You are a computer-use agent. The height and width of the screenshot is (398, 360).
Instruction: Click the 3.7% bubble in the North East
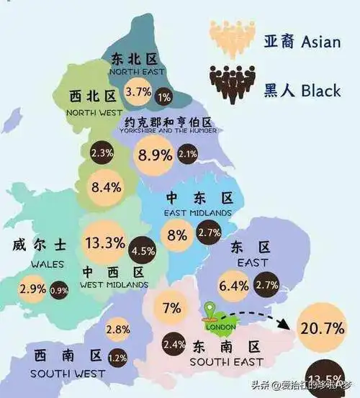(x=138, y=92)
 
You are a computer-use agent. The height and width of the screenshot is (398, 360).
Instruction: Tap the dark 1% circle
(x=164, y=97)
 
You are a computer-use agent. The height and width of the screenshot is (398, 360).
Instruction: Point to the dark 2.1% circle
(x=187, y=154)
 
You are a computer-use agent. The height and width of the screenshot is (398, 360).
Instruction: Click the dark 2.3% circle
(x=102, y=153)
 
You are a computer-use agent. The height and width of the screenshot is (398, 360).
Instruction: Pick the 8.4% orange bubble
(x=106, y=187)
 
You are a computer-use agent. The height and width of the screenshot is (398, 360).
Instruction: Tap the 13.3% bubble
(x=105, y=242)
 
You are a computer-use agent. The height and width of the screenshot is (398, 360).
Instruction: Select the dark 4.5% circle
(x=144, y=252)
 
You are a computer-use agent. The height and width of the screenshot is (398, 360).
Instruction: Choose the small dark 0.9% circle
(x=60, y=291)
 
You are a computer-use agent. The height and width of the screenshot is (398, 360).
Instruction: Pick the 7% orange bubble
(x=171, y=308)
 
